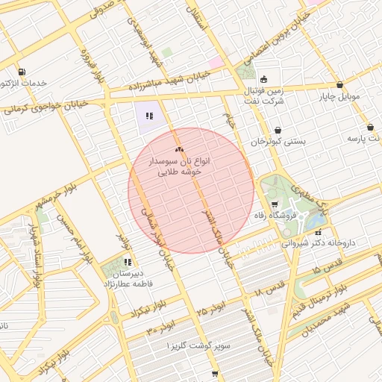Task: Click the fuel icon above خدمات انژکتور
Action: coord(21,72)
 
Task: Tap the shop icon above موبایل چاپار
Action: coord(340,85)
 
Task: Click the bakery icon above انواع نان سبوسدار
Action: coord(178,150)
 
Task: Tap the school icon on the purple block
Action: coord(149,116)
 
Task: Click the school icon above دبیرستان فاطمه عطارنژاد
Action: coord(128,262)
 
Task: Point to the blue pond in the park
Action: coord(316,219)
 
